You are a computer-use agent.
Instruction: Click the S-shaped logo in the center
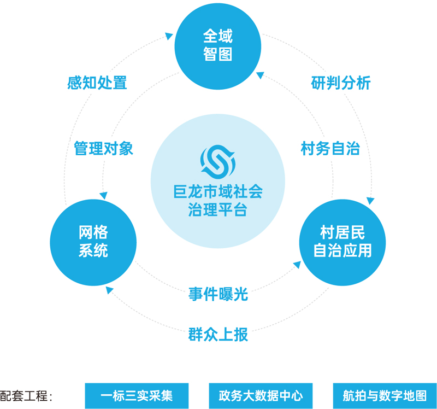click(217, 162)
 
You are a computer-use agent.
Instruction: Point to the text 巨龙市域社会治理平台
click(217, 201)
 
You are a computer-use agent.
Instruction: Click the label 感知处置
click(97, 83)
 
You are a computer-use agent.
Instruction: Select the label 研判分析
click(341, 83)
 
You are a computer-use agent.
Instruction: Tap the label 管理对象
click(104, 148)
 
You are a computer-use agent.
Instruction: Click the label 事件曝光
click(218, 294)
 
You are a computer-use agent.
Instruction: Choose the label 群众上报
click(218, 334)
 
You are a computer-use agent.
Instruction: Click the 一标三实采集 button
click(137, 395)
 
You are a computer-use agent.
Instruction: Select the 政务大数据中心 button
click(261, 395)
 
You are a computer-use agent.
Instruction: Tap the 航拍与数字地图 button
click(385, 395)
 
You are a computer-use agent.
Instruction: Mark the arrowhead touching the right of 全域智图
click(261, 71)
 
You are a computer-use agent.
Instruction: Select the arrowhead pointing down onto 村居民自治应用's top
click(371, 201)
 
